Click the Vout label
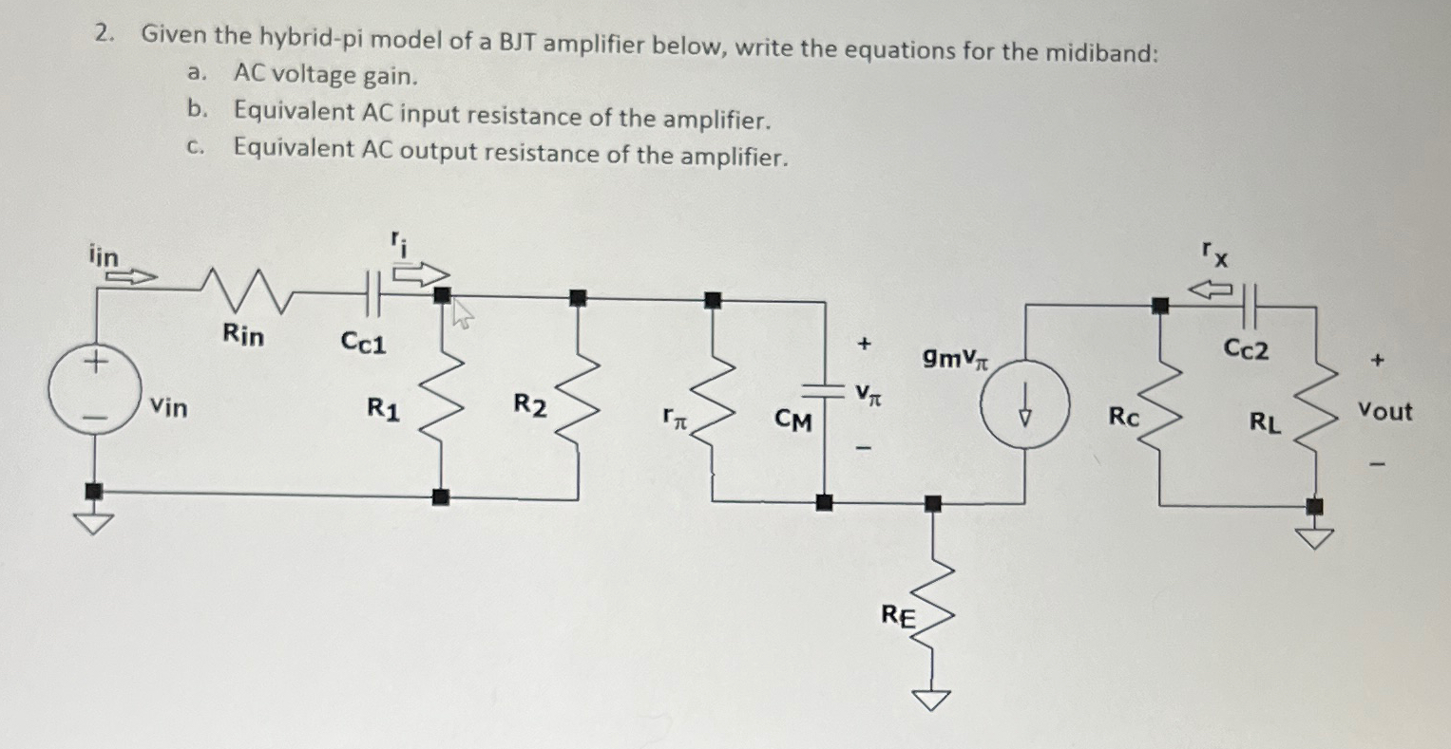(x=1384, y=412)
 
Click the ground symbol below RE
(x=933, y=700)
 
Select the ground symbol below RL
(x=1315, y=537)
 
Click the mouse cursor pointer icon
(x=462, y=314)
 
